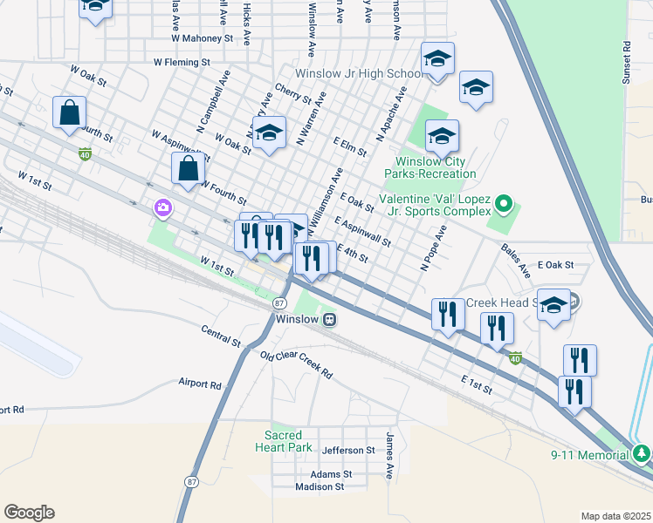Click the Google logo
(x=29, y=513)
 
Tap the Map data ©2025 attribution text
(x=615, y=516)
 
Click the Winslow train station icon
(x=331, y=319)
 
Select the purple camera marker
(x=162, y=208)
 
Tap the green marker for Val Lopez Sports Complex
(x=503, y=206)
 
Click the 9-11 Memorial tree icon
(x=642, y=454)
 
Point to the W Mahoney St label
(x=203, y=39)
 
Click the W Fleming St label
(x=182, y=63)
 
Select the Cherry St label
(x=293, y=94)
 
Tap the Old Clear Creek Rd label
(x=296, y=364)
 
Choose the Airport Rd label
(x=200, y=384)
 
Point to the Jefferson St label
(x=347, y=451)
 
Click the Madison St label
(x=320, y=486)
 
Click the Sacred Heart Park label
(x=288, y=441)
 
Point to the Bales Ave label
(x=515, y=260)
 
